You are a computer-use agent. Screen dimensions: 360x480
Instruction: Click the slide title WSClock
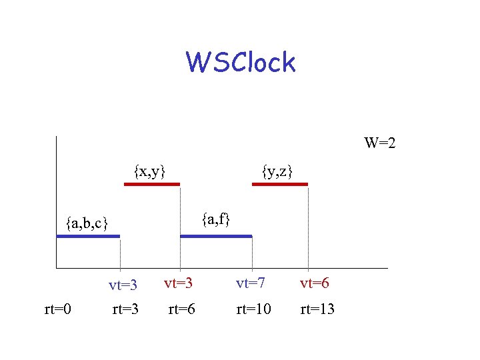[241, 63]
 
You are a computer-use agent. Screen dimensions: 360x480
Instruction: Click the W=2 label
[380, 143]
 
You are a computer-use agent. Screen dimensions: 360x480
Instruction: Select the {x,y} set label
[149, 171]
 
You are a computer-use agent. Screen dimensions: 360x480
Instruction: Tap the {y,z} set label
[277, 171]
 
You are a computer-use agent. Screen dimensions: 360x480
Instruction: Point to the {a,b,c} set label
[87, 222]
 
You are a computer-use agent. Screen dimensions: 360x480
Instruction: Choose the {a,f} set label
[217, 218]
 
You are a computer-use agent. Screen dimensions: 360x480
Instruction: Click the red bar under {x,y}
[152, 185]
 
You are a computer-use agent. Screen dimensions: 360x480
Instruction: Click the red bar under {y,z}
[280, 185]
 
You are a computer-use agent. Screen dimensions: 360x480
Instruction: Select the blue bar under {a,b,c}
[88, 236]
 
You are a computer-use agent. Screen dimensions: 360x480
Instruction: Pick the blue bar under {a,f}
[216, 236]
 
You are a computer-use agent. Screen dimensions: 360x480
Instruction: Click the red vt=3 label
[178, 283]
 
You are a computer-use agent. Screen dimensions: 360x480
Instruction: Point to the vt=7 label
[251, 283]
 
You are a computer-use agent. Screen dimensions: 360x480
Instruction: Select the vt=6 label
[314, 283]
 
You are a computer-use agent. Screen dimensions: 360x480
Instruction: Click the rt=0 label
[58, 309]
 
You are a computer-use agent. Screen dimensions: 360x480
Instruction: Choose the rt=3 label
[125, 309]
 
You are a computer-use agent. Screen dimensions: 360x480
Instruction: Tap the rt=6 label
[181, 309]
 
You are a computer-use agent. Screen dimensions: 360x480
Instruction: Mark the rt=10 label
[253, 309]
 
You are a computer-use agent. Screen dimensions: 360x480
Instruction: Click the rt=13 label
[317, 309]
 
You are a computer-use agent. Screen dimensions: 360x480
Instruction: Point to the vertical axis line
[57, 200]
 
